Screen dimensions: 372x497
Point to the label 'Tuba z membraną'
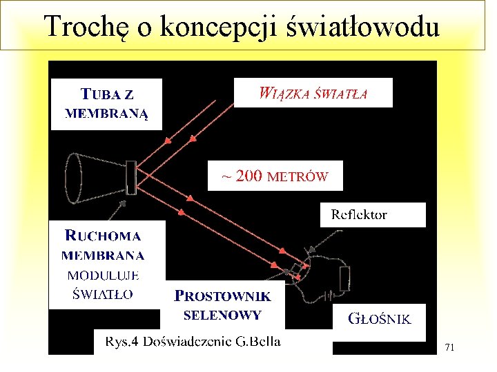click(x=106, y=104)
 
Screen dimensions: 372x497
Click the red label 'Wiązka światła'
click(x=313, y=93)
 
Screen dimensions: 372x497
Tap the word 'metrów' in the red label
click(x=298, y=177)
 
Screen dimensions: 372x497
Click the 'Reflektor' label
click(x=359, y=214)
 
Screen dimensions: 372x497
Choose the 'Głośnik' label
click(x=380, y=319)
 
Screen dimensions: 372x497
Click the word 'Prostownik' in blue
click(x=223, y=297)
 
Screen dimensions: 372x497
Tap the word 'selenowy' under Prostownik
click(x=222, y=316)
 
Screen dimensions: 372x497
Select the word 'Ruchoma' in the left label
click(x=103, y=236)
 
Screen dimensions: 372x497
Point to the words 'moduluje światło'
click(x=103, y=285)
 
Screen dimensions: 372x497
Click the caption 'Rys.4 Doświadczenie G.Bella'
click(x=193, y=342)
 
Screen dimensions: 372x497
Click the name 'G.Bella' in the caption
click(x=259, y=342)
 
